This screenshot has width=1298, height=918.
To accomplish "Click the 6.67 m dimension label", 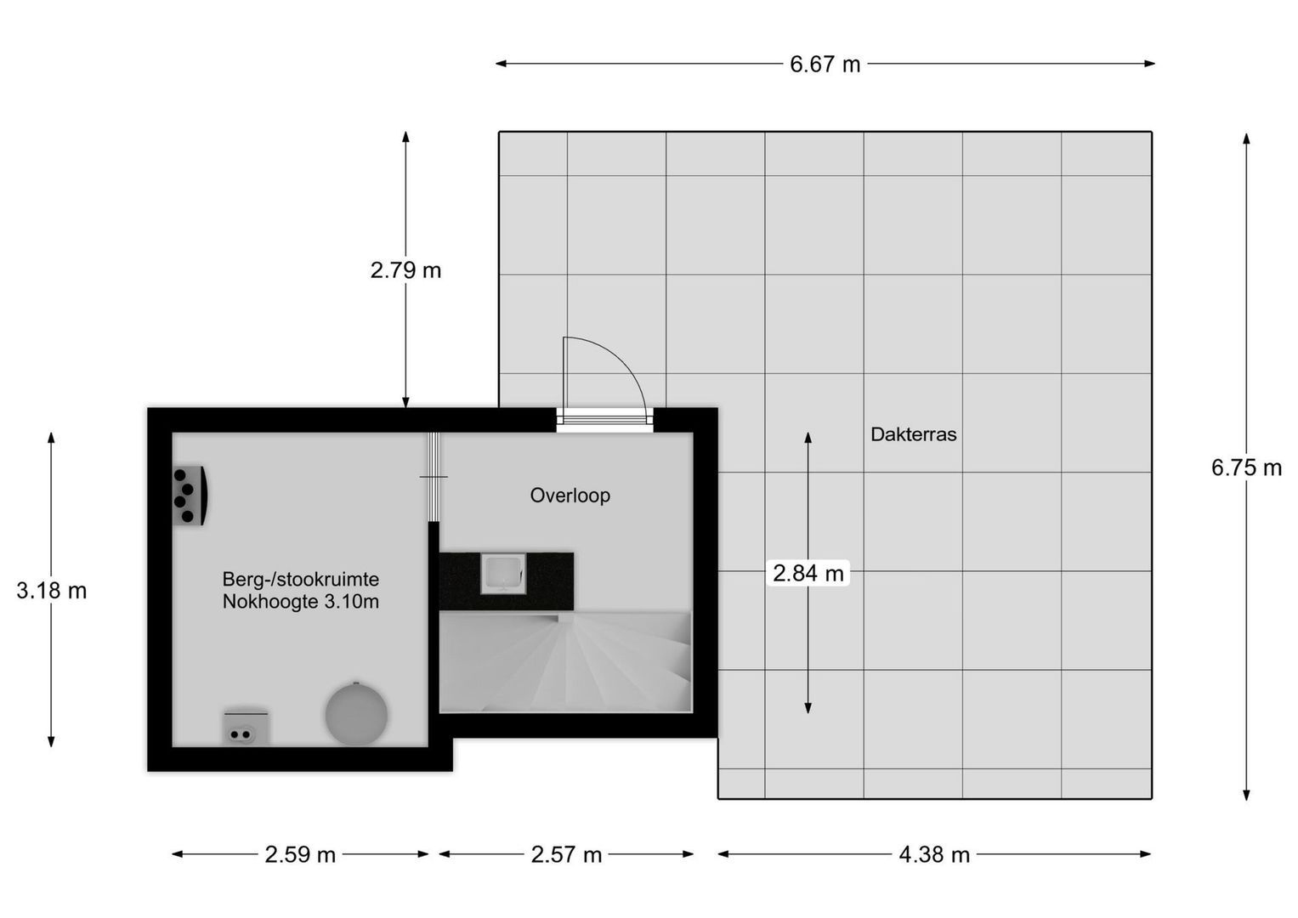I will [825, 65].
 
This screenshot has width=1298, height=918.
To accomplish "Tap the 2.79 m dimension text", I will [405, 270].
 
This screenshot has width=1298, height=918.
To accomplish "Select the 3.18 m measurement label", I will [52, 590].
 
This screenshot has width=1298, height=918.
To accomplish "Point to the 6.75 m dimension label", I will [1246, 467].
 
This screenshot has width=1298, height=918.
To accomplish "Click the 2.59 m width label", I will [300, 854].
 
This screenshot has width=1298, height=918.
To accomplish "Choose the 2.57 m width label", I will [566, 854].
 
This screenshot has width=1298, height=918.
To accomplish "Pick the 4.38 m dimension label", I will [934, 854].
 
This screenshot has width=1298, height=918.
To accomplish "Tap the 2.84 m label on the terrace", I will [808, 574].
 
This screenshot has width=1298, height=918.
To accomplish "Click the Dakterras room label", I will [913, 434].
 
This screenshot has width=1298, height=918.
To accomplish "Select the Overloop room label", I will [570, 495].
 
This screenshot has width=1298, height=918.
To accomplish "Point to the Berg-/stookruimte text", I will [301, 580].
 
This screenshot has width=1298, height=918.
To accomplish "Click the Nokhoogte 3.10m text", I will [301, 603].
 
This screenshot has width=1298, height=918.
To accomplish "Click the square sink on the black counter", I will [502, 573].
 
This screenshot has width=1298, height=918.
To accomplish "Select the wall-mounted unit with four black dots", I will [190, 495].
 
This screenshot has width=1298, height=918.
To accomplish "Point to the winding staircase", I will [565, 662].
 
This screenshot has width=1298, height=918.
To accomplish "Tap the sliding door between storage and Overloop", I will [434, 477].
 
